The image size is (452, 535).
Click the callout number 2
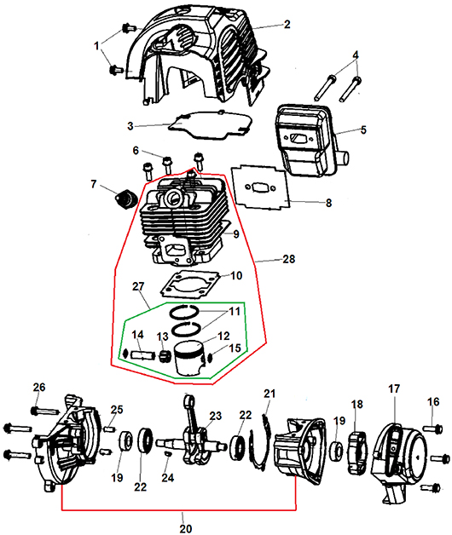coord(287,24)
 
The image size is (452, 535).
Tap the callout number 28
coord(289,259)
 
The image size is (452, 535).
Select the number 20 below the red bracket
coord(186,528)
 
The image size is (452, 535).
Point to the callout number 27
coord(138,286)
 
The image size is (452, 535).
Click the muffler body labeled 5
coord(310,140)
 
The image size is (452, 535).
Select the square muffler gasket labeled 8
coord(261,187)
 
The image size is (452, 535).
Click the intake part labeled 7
coord(126,199)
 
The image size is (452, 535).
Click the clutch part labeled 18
coord(356,453)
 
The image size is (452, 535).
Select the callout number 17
coord(394,388)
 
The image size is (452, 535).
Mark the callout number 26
coord(39,388)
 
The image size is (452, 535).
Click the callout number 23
coord(215,416)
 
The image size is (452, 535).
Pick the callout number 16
coord(433,401)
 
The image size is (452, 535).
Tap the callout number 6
coord(136,151)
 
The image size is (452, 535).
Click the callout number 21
coord(269,394)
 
